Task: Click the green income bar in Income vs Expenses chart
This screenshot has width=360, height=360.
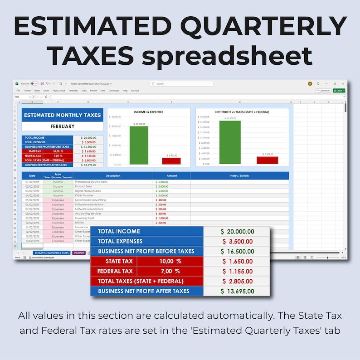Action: click(x=139, y=145)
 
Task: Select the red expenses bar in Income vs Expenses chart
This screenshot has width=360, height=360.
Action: click(x=171, y=161)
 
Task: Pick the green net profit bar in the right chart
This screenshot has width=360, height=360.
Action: click(x=230, y=142)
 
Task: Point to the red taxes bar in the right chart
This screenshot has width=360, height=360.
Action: click(x=267, y=160)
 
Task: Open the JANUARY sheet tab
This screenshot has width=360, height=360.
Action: click(x=79, y=253)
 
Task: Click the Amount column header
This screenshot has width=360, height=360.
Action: click(x=171, y=175)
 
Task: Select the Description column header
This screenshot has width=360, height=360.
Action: click(x=113, y=175)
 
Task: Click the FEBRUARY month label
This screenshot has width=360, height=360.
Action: click(x=63, y=126)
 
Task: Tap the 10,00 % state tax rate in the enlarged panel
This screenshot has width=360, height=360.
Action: click(x=170, y=261)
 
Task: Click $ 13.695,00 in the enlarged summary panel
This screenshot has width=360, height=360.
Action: click(x=237, y=291)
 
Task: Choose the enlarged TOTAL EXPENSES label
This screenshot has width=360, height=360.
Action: click(x=120, y=241)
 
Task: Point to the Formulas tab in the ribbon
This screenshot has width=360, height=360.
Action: click(x=73, y=91)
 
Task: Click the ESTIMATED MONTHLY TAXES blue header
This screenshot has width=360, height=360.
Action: click(x=63, y=115)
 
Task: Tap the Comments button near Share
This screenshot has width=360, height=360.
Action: click(x=323, y=91)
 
